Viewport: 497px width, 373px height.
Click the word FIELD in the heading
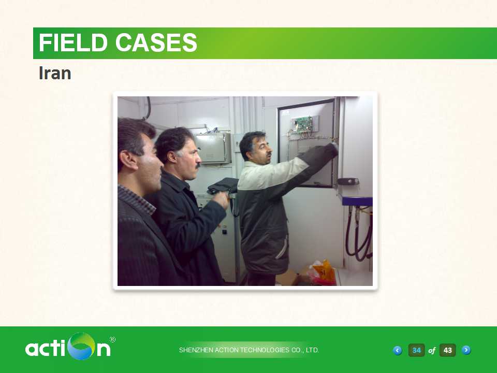tap(73, 42)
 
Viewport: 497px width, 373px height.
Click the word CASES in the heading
tap(156, 42)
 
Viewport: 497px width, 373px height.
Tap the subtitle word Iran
tap(55, 73)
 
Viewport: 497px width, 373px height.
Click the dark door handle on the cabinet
tap(348, 181)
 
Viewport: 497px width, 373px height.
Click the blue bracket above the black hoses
tap(357, 201)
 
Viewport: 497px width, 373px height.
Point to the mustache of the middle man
tap(198, 166)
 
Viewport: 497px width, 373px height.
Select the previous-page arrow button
tap(397, 350)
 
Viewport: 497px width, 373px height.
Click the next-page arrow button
tap(466, 350)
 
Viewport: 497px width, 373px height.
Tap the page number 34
tap(416, 350)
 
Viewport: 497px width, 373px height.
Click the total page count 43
tap(447, 350)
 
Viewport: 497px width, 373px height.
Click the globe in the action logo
tap(81, 347)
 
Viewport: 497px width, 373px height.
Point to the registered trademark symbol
tap(112, 340)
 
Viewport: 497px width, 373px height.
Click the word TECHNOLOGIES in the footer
tap(265, 350)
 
